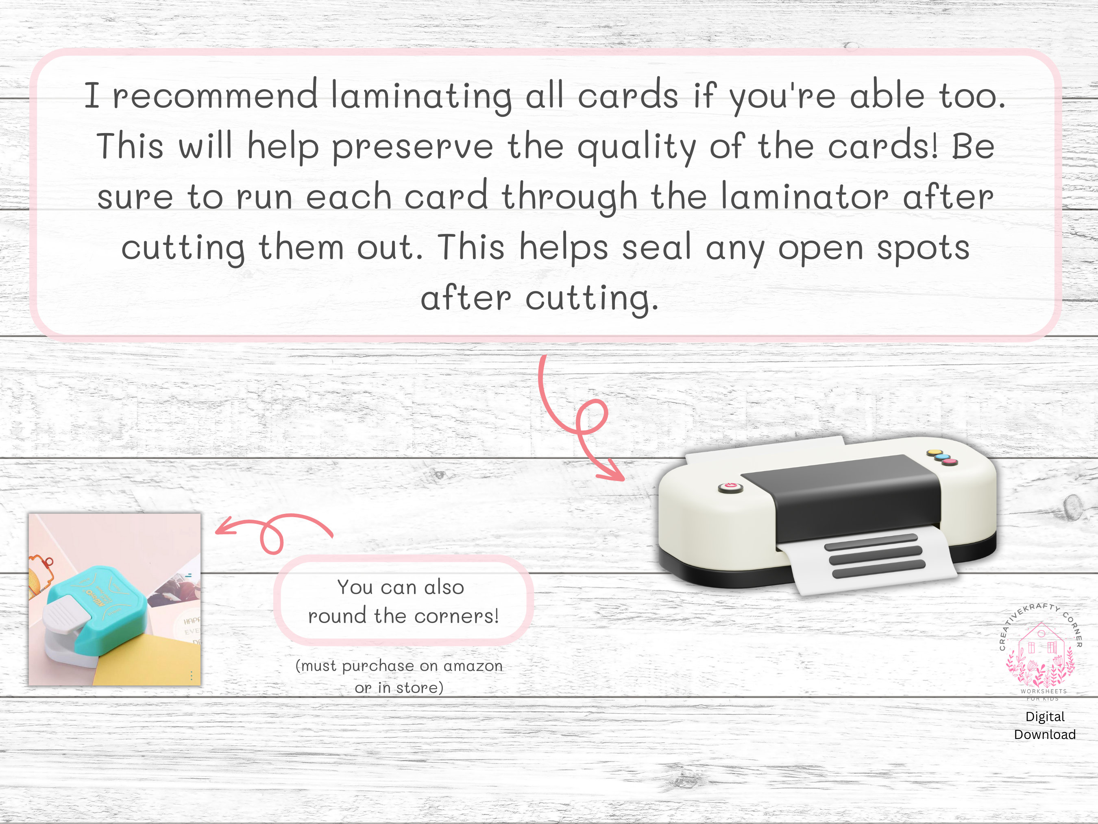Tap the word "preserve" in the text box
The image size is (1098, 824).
[x=412, y=147]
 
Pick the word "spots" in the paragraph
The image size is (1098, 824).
[x=923, y=248]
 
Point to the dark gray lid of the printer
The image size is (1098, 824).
[x=844, y=492]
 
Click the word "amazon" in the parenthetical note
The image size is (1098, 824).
[x=473, y=666]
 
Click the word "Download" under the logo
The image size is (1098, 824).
[x=1044, y=734]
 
